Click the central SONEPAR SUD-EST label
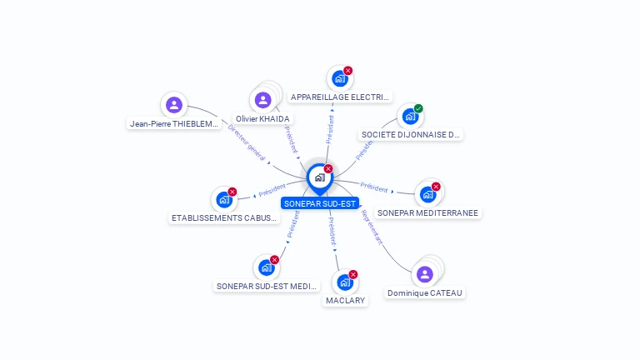(x=320, y=202)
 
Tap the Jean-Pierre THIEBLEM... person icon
(x=173, y=104)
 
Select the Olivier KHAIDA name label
(x=262, y=119)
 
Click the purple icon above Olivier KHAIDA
(x=263, y=100)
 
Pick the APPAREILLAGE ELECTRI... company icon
(x=339, y=78)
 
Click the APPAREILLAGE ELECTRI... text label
(x=340, y=97)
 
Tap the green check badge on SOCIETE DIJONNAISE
(x=418, y=108)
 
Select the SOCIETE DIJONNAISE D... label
(x=411, y=134)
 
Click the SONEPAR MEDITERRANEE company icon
(x=427, y=194)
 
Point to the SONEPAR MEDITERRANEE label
(x=427, y=212)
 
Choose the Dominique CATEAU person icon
(x=424, y=274)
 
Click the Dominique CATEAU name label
(x=424, y=292)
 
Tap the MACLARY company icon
(x=345, y=282)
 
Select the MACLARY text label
(x=345, y=300)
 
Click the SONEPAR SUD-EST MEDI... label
(x=267, y=286)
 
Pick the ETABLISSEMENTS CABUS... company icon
(x=223, y=199)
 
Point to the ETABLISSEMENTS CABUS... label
(x=223, y=218)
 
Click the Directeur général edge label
(x=247, y=142)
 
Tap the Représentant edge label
(x=372, y=226)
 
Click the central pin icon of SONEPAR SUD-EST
(x=319, y=177)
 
